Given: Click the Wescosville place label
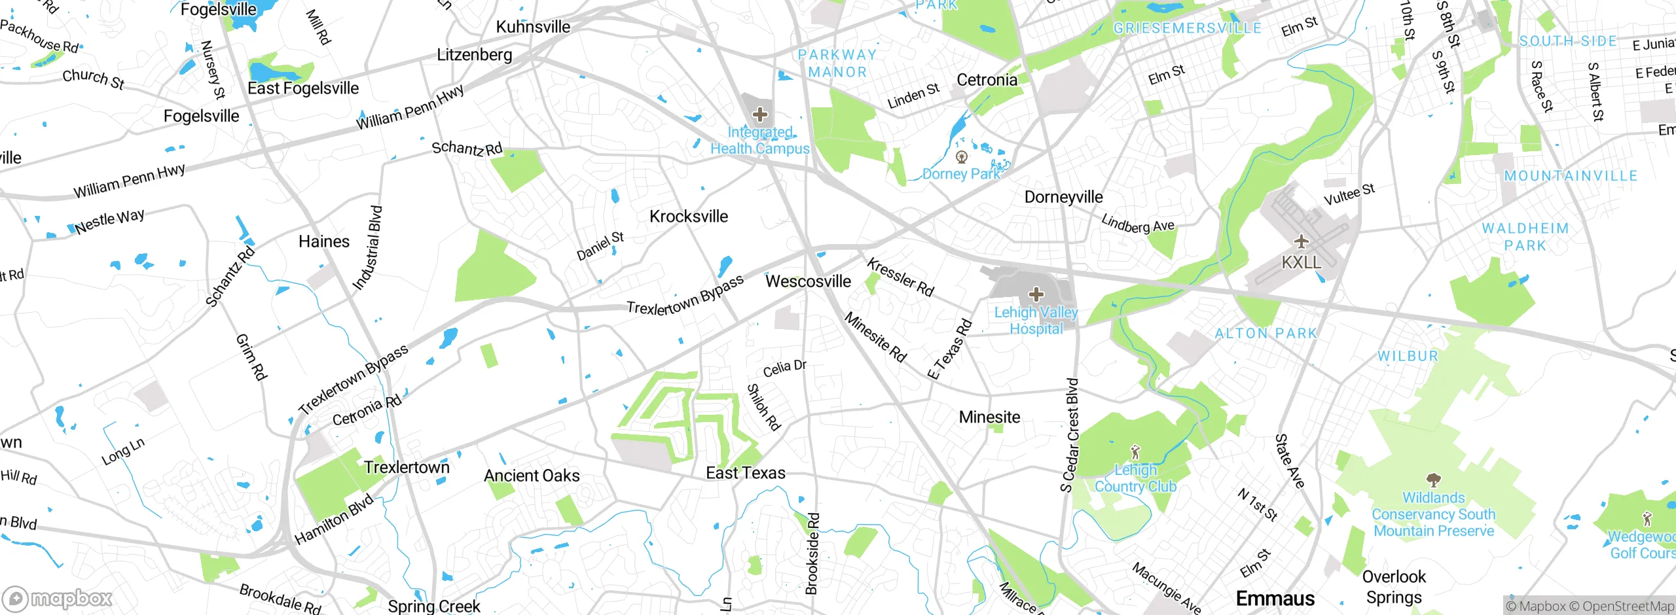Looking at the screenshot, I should point(808,281).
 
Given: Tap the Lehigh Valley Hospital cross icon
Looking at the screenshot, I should point(1036,294).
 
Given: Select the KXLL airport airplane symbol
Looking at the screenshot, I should point(1301,241).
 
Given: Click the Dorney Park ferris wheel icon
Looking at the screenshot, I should point(962,157).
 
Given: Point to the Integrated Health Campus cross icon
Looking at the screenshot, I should point(759,115).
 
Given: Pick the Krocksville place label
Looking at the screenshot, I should point(688,217).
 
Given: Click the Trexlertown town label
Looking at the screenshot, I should point(407,467).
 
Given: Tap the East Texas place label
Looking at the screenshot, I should point(745,473).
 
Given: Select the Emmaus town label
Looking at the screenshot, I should point(1275,598).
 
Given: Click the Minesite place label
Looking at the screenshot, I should point(989,417).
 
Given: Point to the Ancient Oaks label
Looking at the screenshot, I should point(532,476).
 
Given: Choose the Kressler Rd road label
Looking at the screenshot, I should point(900,277).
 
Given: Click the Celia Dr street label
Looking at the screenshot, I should point(784,368).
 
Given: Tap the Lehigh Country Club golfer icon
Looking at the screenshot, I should point(1135,452).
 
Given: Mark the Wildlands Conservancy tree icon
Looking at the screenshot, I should point(1433,480).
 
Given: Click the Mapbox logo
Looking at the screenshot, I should point(58,598).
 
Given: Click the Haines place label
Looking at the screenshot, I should point(324,241).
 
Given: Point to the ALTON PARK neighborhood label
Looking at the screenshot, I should point(1265,334).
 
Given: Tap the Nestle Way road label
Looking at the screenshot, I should point(109,221).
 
